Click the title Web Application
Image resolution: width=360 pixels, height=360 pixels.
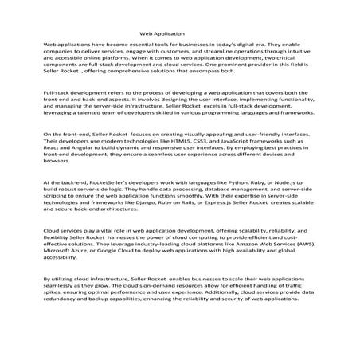tap(162, 34)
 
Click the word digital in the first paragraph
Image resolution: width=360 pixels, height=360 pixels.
tap(261, 49)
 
